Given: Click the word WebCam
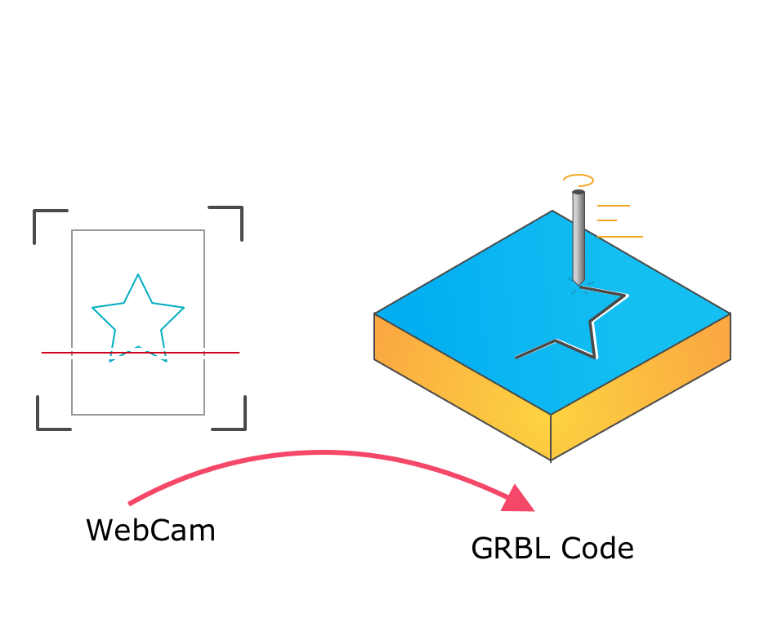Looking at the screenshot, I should tap(150, 531).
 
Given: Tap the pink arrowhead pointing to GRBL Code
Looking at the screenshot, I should tap(516, 499).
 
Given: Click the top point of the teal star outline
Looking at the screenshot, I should tap(138, 274).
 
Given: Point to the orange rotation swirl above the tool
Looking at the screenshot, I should tap(579, 180).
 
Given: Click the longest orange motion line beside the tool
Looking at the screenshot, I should tap(620, 237).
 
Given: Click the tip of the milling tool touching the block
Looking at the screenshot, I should tap(579, 285).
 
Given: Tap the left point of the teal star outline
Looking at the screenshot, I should tap(92, 308).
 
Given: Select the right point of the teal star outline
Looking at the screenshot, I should tap(184, 308).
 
